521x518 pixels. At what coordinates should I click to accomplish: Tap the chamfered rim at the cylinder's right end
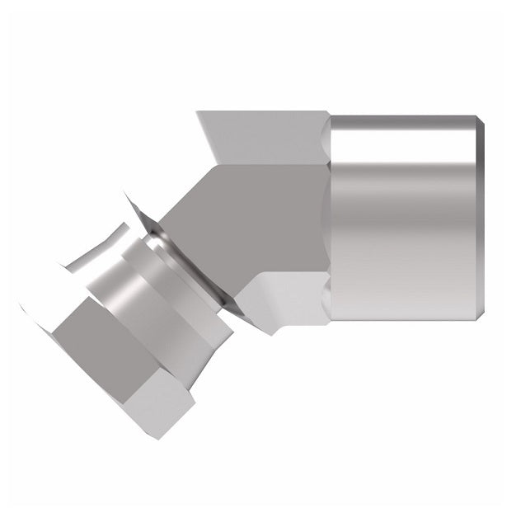(x=479, y=219)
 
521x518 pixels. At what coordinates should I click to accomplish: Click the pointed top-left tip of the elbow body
(x=198, y=113)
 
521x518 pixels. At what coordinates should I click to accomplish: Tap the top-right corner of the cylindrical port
(x=476, y=117)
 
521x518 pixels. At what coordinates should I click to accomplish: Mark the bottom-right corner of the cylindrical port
(x=476, y=321)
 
